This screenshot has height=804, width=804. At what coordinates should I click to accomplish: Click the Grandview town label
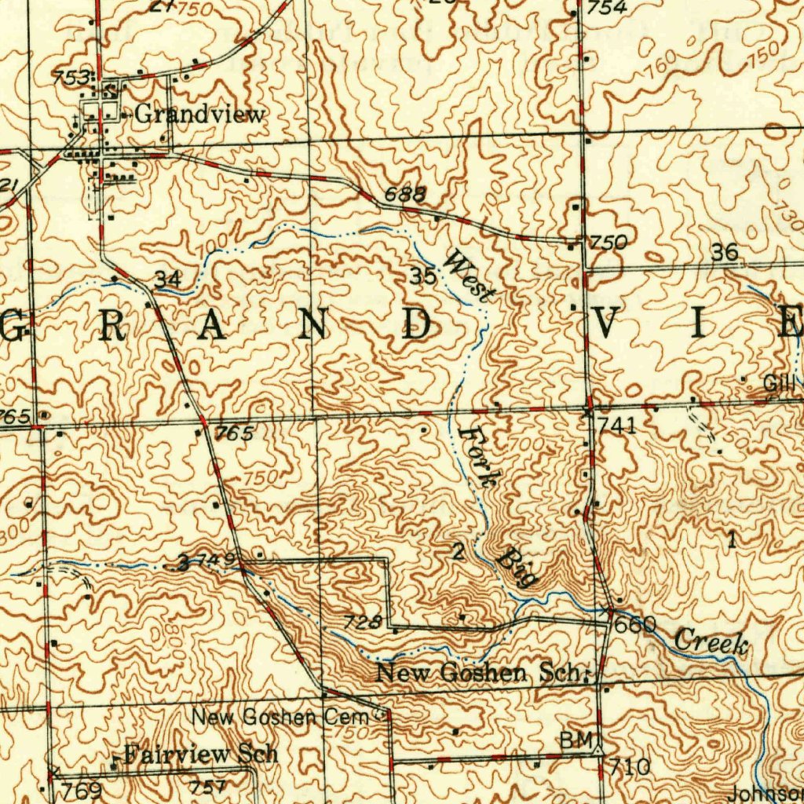click(199, 114)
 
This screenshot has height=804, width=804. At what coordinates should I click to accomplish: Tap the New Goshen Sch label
click(482, 673)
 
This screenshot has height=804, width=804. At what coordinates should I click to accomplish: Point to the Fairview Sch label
click(201, 755)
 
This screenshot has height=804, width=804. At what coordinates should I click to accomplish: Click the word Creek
click(711, 641)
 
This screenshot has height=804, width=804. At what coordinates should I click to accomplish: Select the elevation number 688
click(406, 194)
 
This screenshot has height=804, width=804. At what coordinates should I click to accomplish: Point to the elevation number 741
click(616, 426)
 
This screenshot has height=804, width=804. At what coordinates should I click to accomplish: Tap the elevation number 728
click(364, 622)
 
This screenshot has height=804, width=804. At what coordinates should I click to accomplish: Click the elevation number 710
click(630, 766)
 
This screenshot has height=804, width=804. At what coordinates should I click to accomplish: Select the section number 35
click(423, 276)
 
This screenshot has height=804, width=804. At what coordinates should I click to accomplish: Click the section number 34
click(168, 279)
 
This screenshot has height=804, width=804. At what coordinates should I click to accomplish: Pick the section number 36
click(725, 252)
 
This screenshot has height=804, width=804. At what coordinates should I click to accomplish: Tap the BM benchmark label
click(572, 740)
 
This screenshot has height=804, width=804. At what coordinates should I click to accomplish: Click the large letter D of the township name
click(415, 325)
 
